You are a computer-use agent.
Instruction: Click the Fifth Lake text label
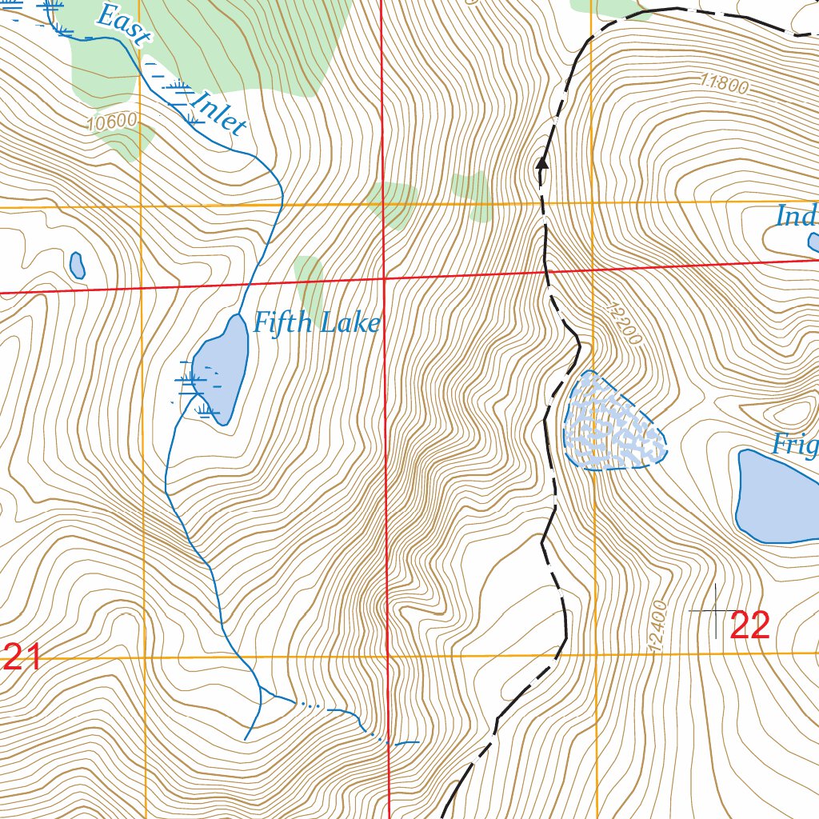point(316,323)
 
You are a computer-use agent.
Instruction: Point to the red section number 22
point(749,625)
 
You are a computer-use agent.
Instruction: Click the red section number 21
point(22,657)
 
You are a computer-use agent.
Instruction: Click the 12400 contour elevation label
point(658,627)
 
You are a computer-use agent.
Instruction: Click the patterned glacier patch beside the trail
point(612,422)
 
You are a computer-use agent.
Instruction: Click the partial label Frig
point(795,444)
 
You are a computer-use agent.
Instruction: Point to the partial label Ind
point(797,216)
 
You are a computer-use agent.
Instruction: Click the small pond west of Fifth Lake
point(77,265)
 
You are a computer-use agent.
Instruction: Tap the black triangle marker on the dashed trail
point(541,164)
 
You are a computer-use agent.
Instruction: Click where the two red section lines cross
point(385,279)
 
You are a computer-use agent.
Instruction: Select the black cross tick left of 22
point(715,611)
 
